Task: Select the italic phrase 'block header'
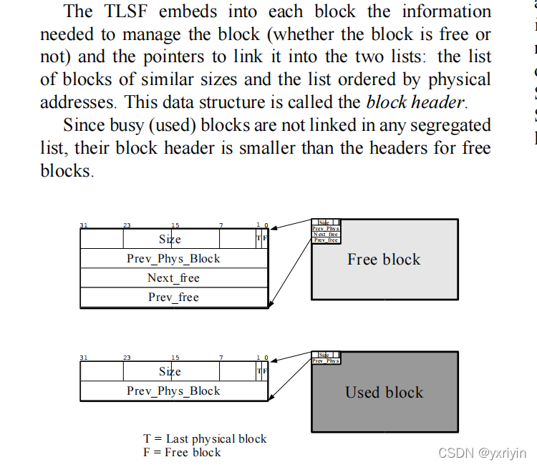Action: tap(414, 102)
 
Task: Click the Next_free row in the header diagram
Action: tap(173, 278)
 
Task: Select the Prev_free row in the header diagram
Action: tap(173, 298)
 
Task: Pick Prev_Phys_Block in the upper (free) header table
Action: tap(173, 258)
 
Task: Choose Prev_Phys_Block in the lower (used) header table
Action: tap(173, 391)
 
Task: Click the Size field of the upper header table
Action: tap(170, 239)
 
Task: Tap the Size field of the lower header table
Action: tap(170, 371)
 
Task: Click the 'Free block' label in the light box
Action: tap(384, 260)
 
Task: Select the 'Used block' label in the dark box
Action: tap(384, 392)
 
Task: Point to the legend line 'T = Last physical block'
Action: tap(205, 438)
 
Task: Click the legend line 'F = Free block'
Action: tap(182, 452)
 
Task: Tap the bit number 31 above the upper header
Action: tap(84, 225)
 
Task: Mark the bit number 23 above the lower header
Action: tap(127, 358)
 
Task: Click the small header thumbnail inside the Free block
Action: tap(326, 231)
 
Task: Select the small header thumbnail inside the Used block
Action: tap(326, 358)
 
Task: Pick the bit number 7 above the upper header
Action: tap(221, 225)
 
